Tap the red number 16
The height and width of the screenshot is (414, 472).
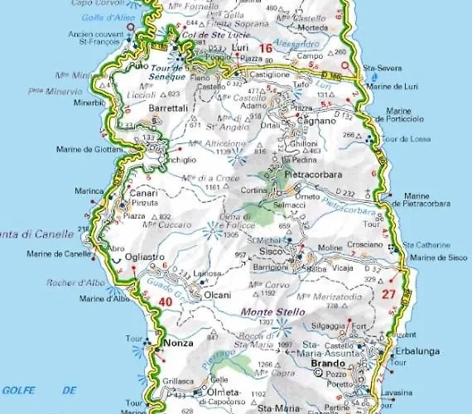pos(265,49)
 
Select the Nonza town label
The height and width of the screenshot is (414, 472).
pos(178,342)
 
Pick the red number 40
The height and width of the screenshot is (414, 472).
pos(166,302)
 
